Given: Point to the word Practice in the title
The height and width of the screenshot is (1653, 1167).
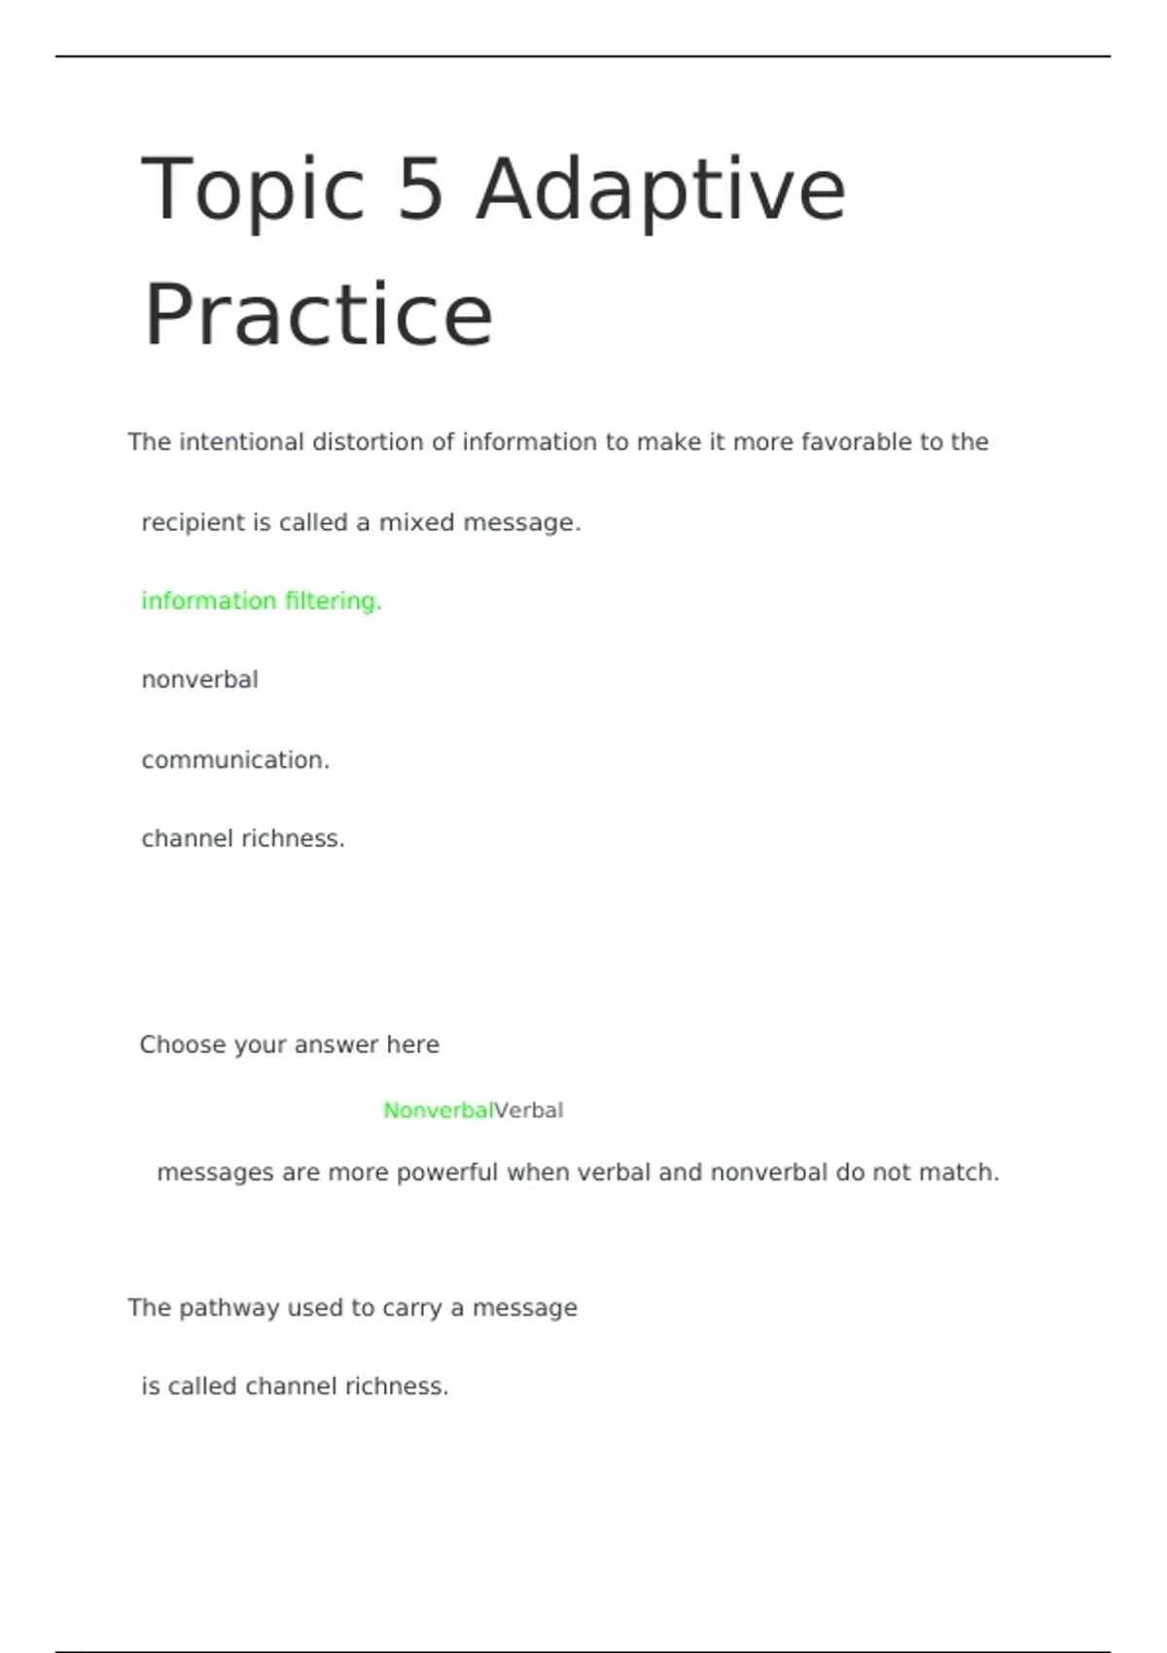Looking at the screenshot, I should coord(318,314).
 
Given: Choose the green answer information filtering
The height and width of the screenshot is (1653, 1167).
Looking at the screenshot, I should coord(262,601).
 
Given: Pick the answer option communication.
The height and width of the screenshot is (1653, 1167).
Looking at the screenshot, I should coord(235,759).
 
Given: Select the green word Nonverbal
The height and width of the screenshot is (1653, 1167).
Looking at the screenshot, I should coord(438,1110).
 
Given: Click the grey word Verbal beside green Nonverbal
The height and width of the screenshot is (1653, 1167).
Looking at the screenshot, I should coord(529,1110).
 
